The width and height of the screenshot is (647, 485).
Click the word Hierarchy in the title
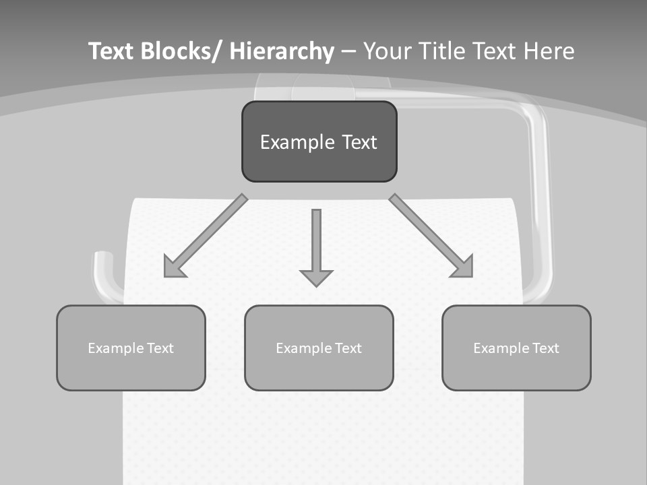(281, 51)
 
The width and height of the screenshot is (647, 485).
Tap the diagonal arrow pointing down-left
(206, 236)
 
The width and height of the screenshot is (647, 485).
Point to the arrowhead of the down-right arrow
(462, 267)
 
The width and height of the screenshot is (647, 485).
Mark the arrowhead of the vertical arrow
(316, 277)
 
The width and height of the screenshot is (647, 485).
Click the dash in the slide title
(348, 52)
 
